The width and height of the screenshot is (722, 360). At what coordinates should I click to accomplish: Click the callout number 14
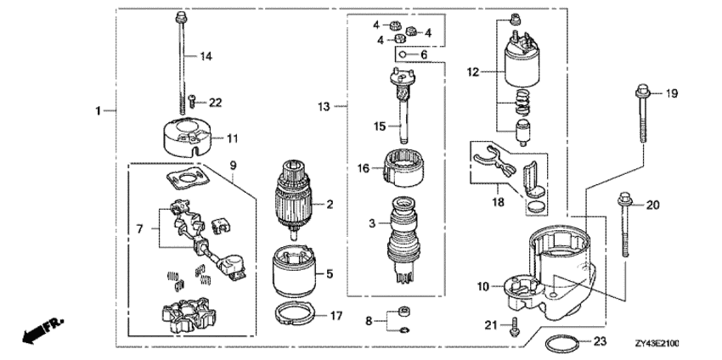tap(206, 56)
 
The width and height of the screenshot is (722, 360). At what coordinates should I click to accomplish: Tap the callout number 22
tap(215, 103)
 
